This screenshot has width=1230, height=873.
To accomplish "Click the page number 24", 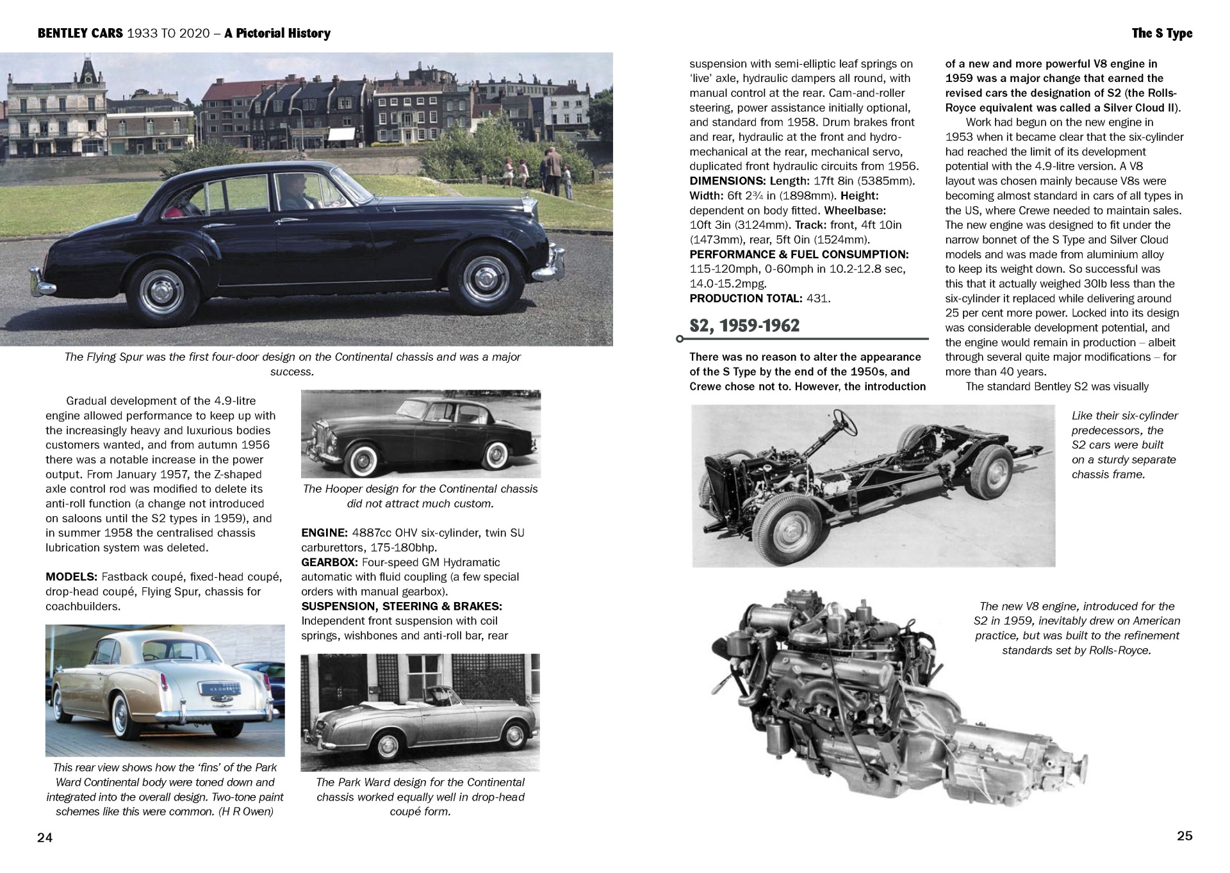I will point(45,838).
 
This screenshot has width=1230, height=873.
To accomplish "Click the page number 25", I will point(1185,835).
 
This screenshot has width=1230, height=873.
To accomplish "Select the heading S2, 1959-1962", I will point(744,326).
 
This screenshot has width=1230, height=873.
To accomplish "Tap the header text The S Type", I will point(1162,33).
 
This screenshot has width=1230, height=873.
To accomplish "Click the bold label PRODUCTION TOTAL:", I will point(746,298).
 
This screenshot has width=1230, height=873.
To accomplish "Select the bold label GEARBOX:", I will point(329,562).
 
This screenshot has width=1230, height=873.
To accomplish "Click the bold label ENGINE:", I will point(324,533).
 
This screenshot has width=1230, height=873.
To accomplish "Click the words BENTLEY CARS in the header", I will point(80,33).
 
